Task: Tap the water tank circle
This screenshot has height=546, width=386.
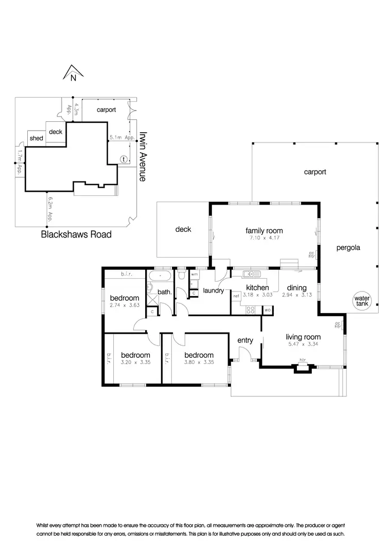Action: tap(363, 301)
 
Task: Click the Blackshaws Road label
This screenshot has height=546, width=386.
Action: tap(76, 235)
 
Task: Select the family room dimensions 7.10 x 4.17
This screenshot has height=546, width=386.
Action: tap(264, 238)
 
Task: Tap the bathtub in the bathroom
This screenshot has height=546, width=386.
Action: tap(161, 277)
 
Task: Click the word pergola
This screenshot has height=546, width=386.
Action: tap(348, 248)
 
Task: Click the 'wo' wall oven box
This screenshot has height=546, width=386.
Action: tap(268, 311)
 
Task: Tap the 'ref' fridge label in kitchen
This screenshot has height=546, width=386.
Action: tap(236, 296)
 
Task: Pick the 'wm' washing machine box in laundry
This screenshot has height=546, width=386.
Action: tap(194, 275)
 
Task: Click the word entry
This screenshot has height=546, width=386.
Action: tap(245, 340)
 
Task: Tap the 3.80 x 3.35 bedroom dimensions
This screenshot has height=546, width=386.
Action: tap(198, 362)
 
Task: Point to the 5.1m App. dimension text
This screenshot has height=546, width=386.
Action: tap(121, 138)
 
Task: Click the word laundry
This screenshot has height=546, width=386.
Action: tap(214, 290)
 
